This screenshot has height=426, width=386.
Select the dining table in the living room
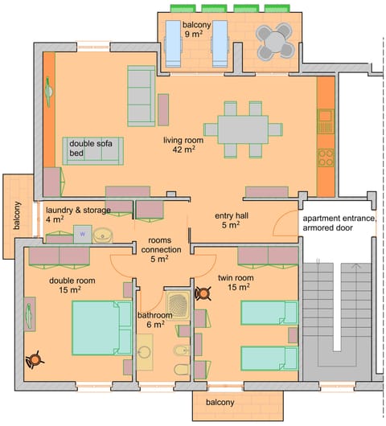242,129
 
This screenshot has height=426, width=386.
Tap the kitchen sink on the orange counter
325,121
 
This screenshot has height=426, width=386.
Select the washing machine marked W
81,234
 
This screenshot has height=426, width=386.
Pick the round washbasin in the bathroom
146,354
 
